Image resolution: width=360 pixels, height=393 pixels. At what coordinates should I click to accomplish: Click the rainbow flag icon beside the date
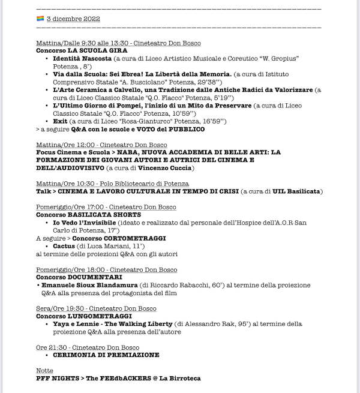coord(40,19)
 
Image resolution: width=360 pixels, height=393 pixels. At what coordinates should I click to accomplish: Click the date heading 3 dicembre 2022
coord(73,19)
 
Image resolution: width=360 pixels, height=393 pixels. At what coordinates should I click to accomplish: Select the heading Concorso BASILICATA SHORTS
coord(88,214)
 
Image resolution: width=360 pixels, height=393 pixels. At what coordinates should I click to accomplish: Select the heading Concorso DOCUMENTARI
coord(77,277)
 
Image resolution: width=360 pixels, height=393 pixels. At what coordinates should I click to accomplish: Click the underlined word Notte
coord(44,371)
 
